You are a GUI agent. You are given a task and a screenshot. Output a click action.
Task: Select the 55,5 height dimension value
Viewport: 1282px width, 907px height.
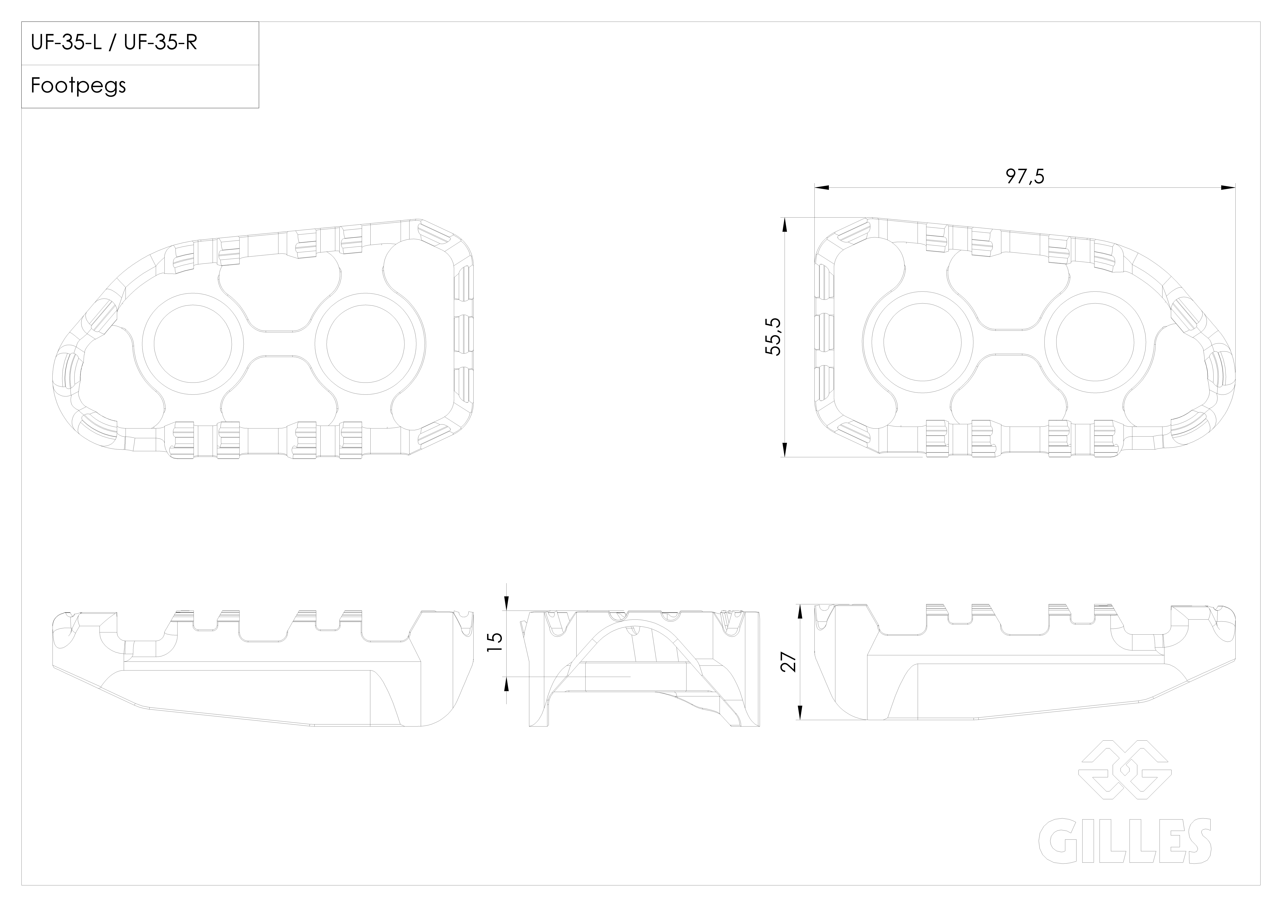click(x=773, y=337)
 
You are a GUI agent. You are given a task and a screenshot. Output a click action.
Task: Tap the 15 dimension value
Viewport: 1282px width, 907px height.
click(x=495, y=642)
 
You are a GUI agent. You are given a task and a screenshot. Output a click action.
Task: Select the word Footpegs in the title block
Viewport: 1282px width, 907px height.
click(x=78, y=85)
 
